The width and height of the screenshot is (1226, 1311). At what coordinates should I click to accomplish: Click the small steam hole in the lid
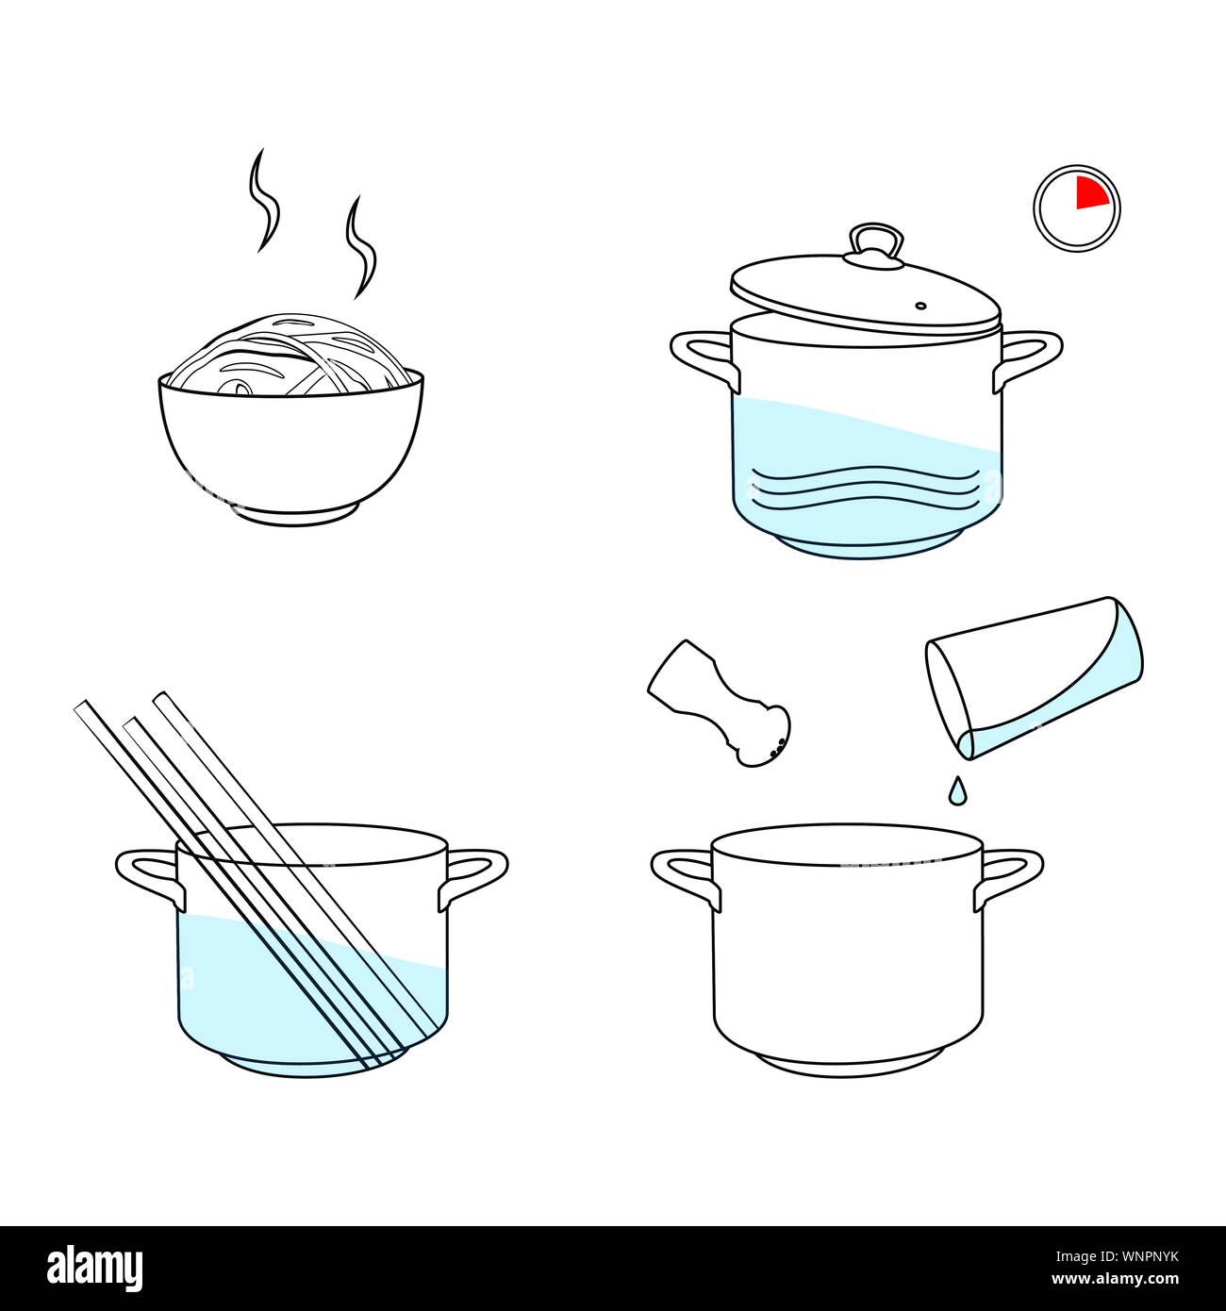click(920, 306)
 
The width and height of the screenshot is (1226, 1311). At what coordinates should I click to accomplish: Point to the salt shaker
click(721, 703)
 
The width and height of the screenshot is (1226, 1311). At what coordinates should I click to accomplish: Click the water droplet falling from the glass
click(956, 790)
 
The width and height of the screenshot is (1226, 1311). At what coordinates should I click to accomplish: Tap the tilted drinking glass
click(1034, 676)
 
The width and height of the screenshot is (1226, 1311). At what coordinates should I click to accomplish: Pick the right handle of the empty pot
click(1011, 872)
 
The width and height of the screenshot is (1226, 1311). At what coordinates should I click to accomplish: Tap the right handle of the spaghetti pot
click(475, 872)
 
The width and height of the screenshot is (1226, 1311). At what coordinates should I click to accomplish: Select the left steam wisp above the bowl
click(264, 200)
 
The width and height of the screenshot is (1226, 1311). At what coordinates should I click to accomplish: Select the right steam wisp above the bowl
click(359, 246)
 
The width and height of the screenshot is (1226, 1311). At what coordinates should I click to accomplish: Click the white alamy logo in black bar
click(94, 1268)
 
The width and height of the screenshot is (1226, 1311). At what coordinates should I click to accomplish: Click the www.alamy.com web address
click(1114, 1280)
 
